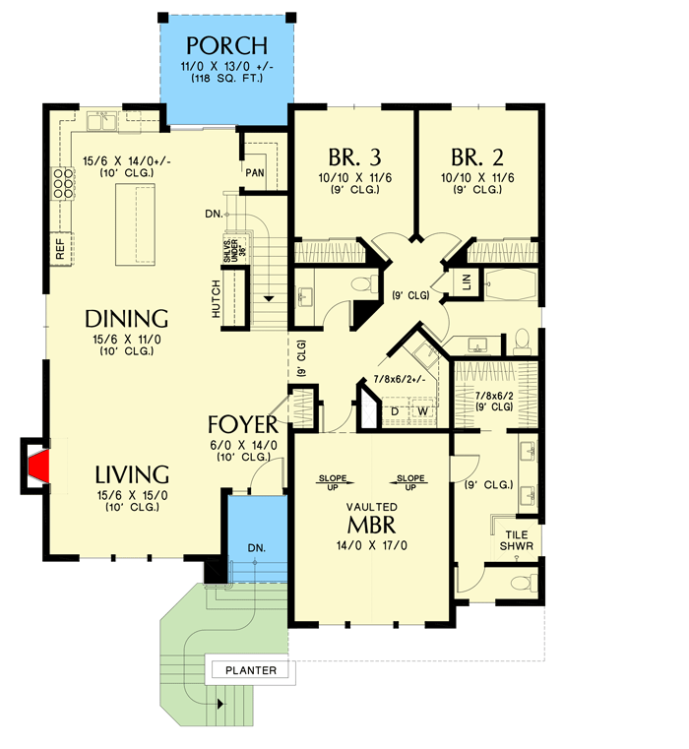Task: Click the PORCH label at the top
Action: coord(226,45)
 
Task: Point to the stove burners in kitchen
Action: coord(63,183)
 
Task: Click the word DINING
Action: coord(126,318)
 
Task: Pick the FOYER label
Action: coord(243,425)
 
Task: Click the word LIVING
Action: coord(126,473)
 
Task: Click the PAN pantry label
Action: coord(255,170)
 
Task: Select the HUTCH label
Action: coord(216,297)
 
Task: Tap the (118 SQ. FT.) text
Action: coord(226,77)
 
